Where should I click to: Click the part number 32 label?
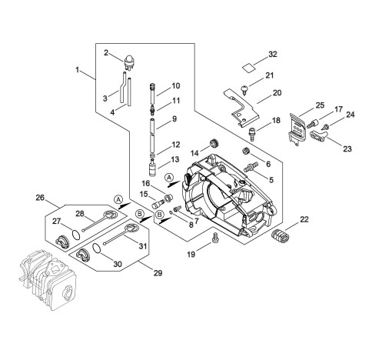[273, 55]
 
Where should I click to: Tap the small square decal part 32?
[249, 68]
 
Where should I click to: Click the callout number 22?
[304, 219]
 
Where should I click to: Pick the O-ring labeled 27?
[76, 235]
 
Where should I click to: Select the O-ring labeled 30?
[97, 248]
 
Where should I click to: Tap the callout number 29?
[158, 273]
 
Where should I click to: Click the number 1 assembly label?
[78, 69]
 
